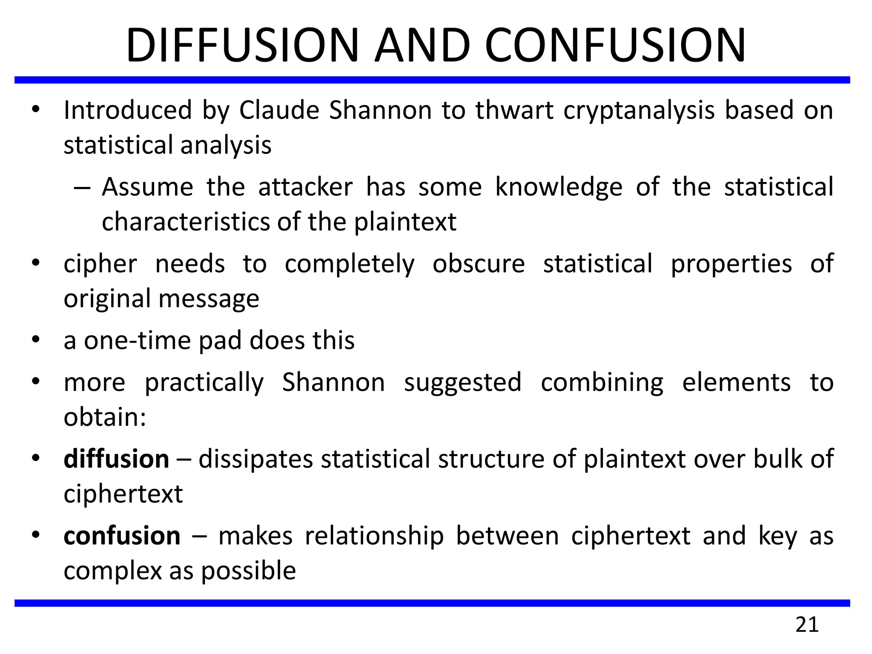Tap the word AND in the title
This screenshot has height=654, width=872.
click(422, 46)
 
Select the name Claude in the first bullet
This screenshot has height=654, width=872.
click(279, 110)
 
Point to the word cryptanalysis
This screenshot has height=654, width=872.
click(639, 111)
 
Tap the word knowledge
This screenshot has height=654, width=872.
click(559, 188)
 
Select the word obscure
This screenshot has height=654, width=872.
click(479, 264)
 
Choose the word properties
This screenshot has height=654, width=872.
click(731, 264)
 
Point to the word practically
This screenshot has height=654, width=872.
click(204, 383)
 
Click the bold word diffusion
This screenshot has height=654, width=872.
click(116, 459)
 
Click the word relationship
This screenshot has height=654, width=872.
click(374, 536)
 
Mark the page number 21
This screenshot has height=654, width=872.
click(807, 625)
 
